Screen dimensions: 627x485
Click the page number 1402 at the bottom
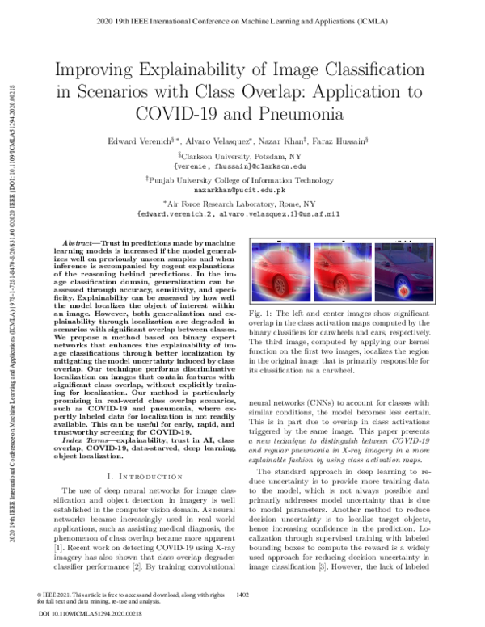[x=241, y=596]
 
